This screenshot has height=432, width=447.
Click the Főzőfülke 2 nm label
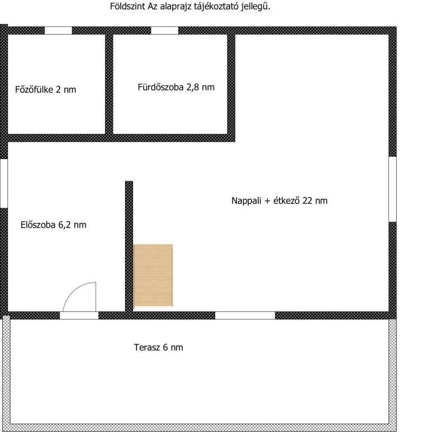[x=46, y=89]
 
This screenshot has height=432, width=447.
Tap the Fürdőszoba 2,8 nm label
[x=176, y=87]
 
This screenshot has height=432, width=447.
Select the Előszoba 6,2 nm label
[x=53, y=225]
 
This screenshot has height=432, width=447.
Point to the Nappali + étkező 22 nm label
[x=279, y=200]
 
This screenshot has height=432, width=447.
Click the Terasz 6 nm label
[x=159, y=347]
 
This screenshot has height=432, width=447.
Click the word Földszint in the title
[x=128, y=6]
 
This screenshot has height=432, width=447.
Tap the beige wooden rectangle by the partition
[x=153, y=275]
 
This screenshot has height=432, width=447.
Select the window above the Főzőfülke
[x=58, y=30]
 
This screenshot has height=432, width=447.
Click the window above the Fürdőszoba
[x=164, y=30]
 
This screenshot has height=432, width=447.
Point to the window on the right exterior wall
[x=393, y=189]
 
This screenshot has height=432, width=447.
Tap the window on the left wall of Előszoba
[x=4, y=183]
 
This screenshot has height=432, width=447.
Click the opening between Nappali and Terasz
[x=245, y=315]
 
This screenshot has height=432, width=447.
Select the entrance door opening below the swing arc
[x=79, y=315]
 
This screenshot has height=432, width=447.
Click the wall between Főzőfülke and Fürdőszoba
[x=109, y=84]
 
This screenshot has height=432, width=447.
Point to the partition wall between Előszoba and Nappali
[x=129, y=246]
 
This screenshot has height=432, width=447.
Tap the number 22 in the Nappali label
[x=307, y=200]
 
